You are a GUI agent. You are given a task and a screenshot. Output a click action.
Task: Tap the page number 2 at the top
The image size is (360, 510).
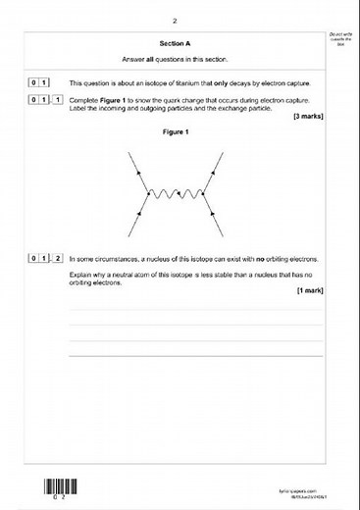click(x=174, y=20)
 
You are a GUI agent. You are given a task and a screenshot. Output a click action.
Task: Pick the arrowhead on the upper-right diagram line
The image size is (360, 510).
click(x=222, y=174)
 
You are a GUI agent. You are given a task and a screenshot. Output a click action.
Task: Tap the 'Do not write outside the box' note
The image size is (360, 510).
click(x=340, y=40)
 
